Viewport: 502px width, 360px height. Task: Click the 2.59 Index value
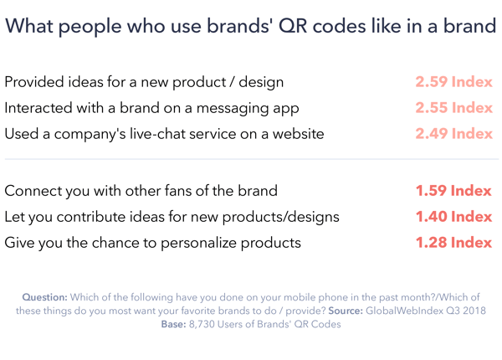click(x=453, y=82)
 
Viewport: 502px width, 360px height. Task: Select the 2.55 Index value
click(x=453, y=108)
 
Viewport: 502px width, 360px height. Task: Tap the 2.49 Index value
click(x=453, y=134)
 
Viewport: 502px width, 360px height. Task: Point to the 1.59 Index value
click(x=453, y=191)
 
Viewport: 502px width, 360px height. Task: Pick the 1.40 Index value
click(x=453, y=217)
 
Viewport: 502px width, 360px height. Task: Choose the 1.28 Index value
click(x=453, y=243)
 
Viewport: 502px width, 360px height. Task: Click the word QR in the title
click(x=293, y=26)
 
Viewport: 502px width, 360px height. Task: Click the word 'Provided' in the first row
click(x=34, y=82)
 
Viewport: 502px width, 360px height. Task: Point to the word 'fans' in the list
click(x=178, y=191)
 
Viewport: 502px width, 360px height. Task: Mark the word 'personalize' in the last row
click(x=198, y=243)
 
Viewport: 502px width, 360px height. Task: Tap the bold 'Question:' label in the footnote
click(x=45, y=297)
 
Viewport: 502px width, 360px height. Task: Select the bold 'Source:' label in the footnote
click(x=346, y=311)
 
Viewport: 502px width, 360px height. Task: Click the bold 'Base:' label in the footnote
click(x=173, y=324)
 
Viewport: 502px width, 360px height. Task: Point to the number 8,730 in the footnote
click(x=202, y=325)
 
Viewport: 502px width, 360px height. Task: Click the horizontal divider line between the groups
click(x=252, y=159)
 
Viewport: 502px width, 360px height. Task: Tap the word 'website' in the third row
click(x=298, y=134)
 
